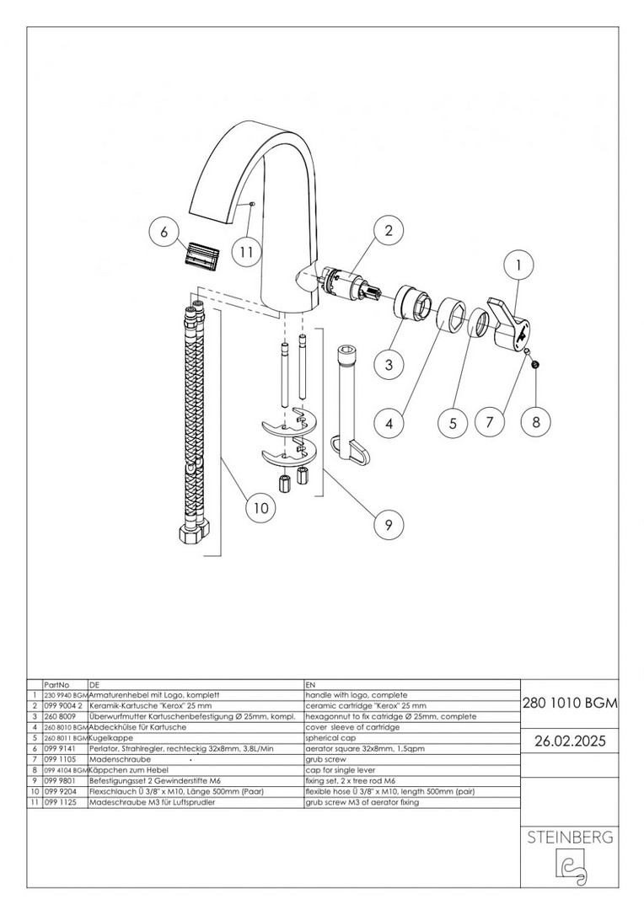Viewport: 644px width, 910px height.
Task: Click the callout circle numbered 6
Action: pyautogui.click(x=164, y=233)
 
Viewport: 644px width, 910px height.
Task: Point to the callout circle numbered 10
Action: pyautogui.click(x=260, y=508)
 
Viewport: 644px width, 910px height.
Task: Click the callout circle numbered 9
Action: pyautogui.click(x=389, y=525)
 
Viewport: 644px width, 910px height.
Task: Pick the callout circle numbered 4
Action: pyautogui.click(x=389, y=423)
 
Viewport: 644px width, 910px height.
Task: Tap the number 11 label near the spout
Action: pyautogui.click(x=244, y=251)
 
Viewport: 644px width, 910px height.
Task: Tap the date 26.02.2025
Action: pyautogui.click(x=571, y=741)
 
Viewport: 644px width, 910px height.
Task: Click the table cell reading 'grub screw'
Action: pyautogui.click(x=323, y=759)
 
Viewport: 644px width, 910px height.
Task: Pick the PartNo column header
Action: pyautogui.click(x=56, y=685)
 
